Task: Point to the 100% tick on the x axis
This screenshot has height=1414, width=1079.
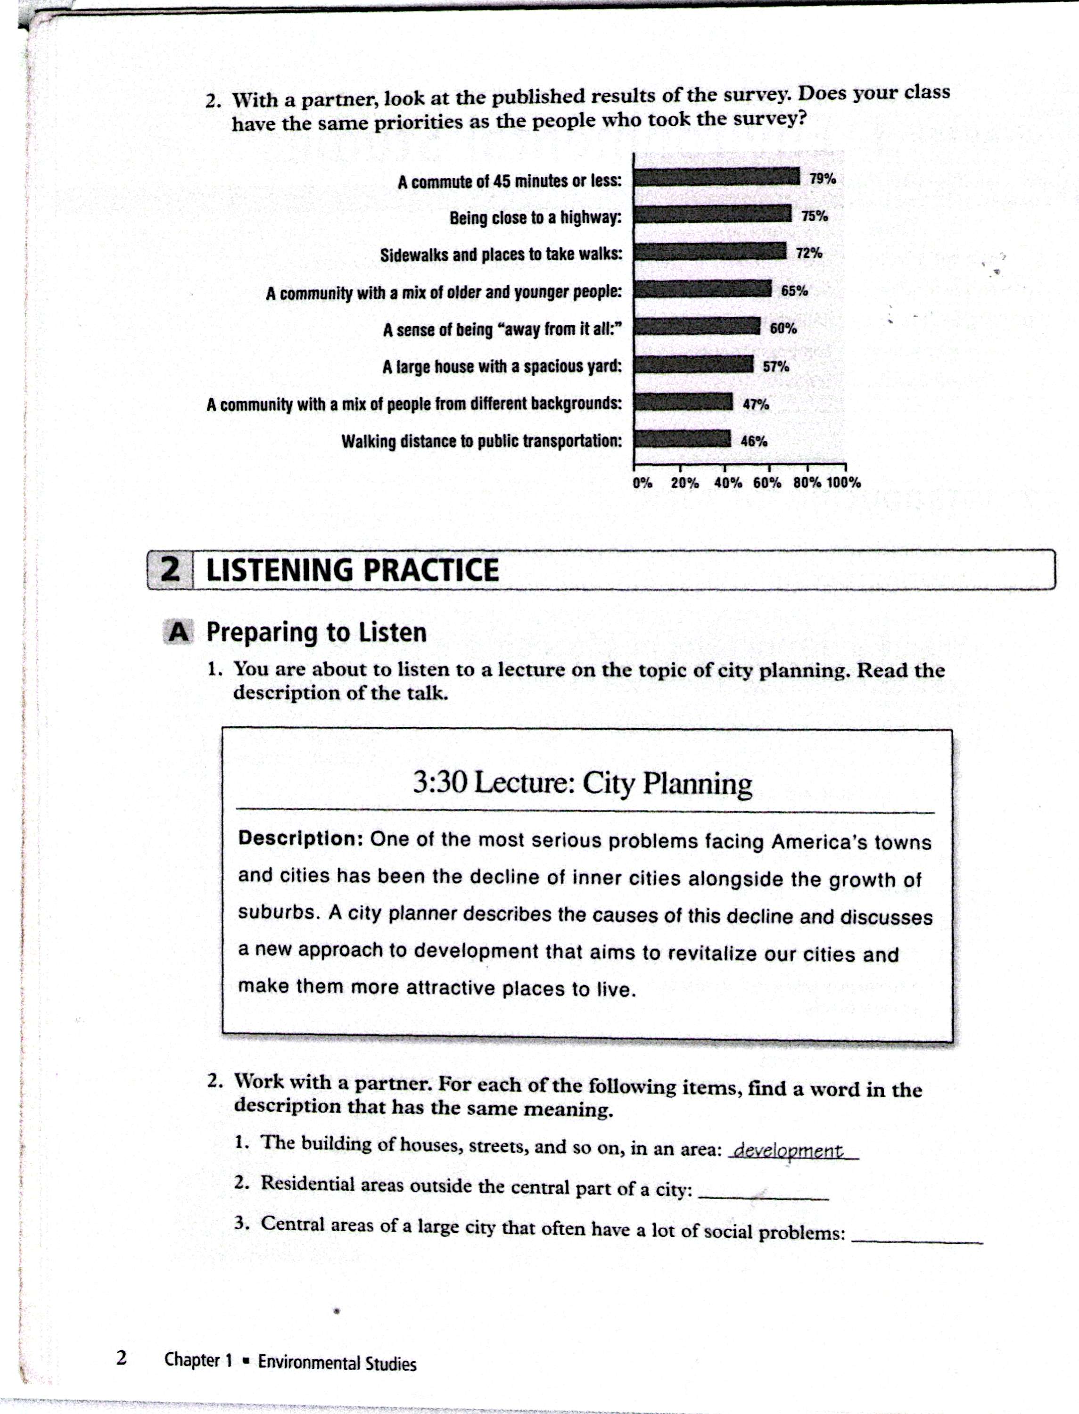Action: [844, 482]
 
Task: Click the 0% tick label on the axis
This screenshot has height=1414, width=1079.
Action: [642, 482]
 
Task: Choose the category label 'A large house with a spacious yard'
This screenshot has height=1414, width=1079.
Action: [502, 367]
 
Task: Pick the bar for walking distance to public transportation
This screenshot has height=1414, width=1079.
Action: [682, 439]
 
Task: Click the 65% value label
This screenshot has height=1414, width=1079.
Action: [794, 290]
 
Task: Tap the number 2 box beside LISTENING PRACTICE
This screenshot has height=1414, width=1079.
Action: [170, 569]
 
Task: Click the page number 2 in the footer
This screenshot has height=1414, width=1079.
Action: [122, 1358]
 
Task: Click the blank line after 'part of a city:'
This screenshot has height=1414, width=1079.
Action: [763, 1198]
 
